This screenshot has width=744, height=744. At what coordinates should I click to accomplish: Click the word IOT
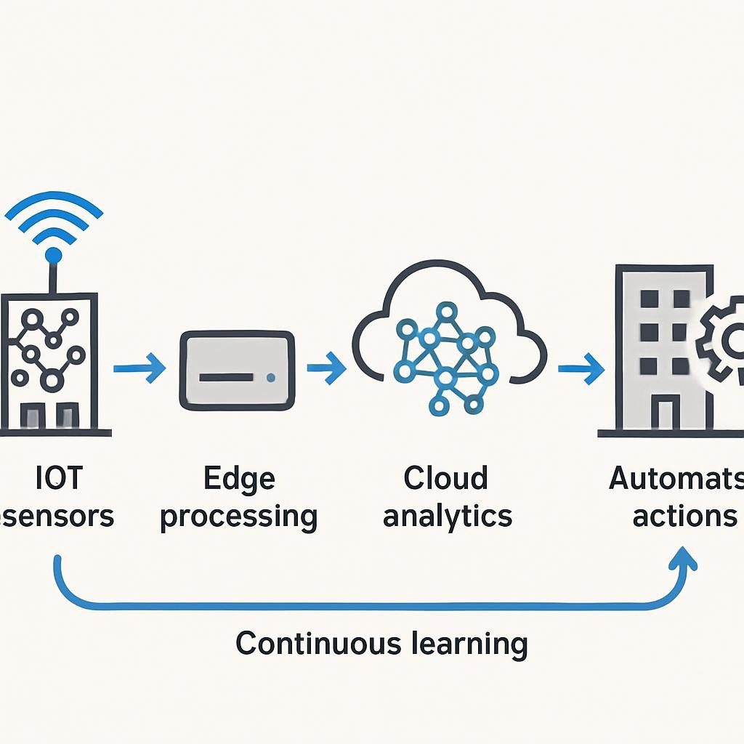coord(59,479)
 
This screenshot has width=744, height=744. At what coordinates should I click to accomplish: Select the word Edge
coord(239,479)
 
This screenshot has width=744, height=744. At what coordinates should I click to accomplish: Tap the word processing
coord(238,517)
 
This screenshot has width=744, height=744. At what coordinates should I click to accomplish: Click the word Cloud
coord(445,479)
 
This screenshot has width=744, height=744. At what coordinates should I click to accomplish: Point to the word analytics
coord(448,517)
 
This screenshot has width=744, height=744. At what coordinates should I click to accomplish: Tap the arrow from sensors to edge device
coord(139,368)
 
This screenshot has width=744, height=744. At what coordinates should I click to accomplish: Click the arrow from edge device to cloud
coord(326,368)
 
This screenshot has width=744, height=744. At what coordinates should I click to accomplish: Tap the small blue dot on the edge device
coord(271,377)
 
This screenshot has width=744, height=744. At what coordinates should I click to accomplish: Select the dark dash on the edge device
coord(226,378)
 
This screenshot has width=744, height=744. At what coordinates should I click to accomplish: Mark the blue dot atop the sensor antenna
coord(53,255)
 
